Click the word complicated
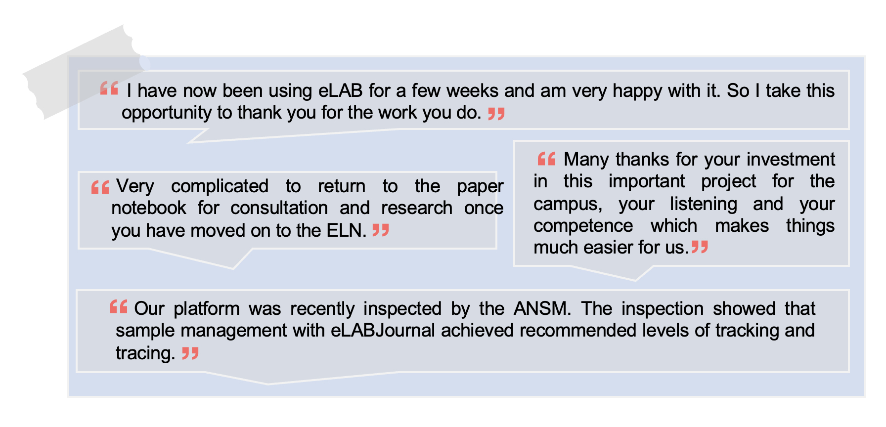(x=220, y=187)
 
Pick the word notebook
(x=149, y=208)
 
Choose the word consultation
(x=279, y=208)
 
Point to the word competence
(x=583, y=226)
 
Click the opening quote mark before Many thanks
(x=547, y=159)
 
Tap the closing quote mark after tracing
(x=190, y=353)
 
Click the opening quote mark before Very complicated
(x=100, y=187)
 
